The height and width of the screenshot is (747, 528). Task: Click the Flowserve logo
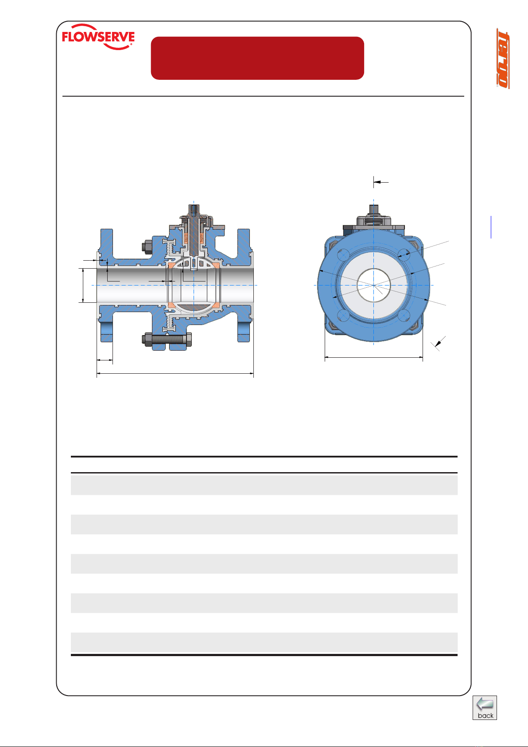[98, 37]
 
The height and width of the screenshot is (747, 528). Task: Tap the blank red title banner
[257, 58]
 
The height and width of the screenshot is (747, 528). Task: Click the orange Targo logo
[503, 59]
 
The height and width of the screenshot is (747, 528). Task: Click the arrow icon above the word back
[485, 704]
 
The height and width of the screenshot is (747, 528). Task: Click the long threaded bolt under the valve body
[167, 340]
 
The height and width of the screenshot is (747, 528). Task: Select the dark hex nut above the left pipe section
[147, 247]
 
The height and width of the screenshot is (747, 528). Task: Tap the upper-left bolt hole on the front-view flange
[343, 255]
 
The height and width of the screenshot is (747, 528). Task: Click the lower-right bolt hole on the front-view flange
[404, 316]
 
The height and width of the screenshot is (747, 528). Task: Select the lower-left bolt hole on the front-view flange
[343, 316]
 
